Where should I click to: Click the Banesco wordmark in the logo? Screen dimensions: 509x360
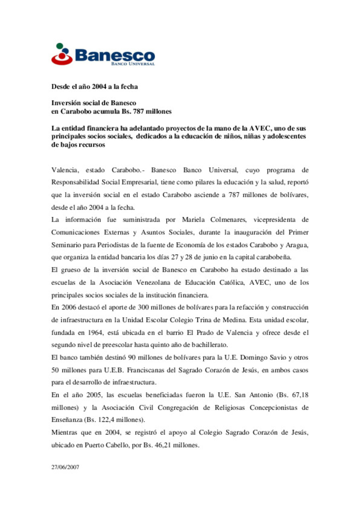(115, 55)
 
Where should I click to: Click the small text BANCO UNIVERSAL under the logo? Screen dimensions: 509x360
(133, 64)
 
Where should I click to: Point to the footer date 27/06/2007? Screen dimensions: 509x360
(65, 467)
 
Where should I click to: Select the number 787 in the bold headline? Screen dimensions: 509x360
(138, 111)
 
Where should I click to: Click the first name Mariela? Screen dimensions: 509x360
(193, 220)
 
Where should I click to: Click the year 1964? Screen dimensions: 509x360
(95, 332)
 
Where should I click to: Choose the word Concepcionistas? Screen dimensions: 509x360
(273, 407)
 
